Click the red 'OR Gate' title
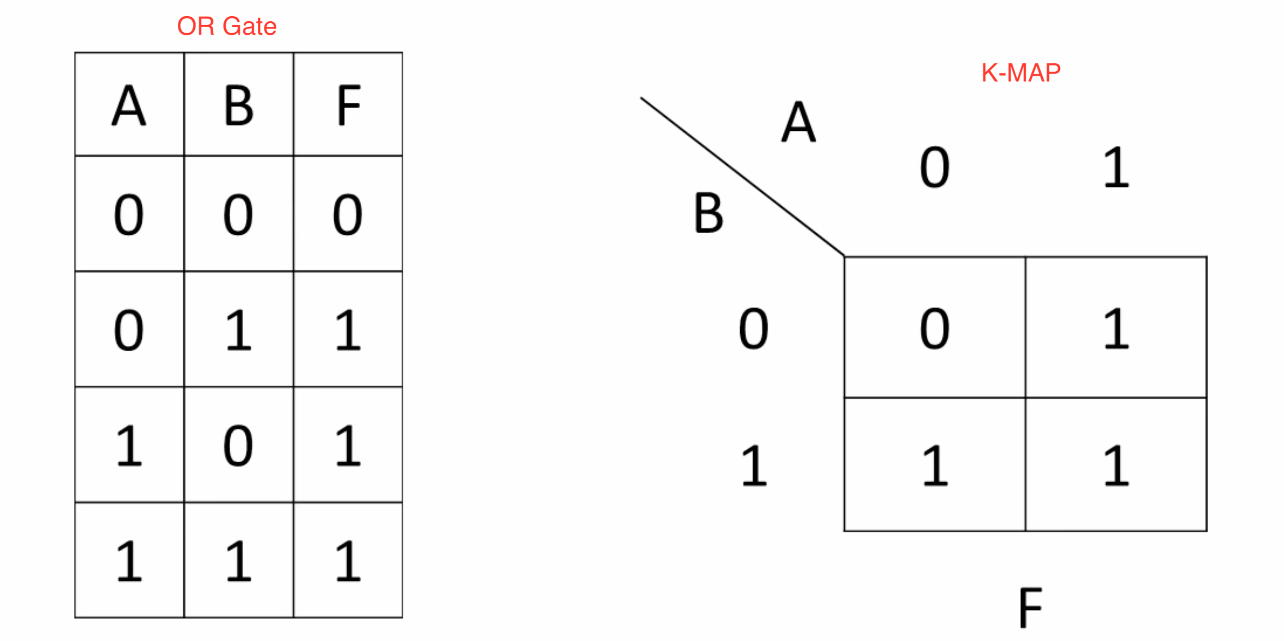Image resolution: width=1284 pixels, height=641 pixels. pyautogui.click(x=227, y=26)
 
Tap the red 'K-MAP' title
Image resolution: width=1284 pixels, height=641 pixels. pyautogui.click(x=1020, y=73)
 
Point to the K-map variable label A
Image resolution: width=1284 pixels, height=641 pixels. pyautogui.click(x=798, y=122)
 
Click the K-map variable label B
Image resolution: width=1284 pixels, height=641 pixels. pyautogui.click(x=709, y=212)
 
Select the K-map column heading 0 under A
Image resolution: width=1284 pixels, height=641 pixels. pyautogui.click(x=935, y=167)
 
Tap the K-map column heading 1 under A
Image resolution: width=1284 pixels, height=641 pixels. pyautogui.click(x=1116, y=167)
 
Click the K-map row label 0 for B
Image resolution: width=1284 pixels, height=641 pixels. pyautogui.click(x=753, y=328)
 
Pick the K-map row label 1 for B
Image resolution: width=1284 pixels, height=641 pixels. pyautogui.click(x=754, y=466)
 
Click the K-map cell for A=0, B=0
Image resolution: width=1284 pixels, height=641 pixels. pyautogui.click(x=935, y=327)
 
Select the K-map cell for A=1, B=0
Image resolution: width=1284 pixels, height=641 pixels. pyautogui.click(x=1116, y=327)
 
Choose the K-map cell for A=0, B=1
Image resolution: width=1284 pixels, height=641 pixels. pyautogui.click(x=935, y=464)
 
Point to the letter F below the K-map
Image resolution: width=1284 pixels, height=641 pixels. pyautogui.click(x=1030, y=608)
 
